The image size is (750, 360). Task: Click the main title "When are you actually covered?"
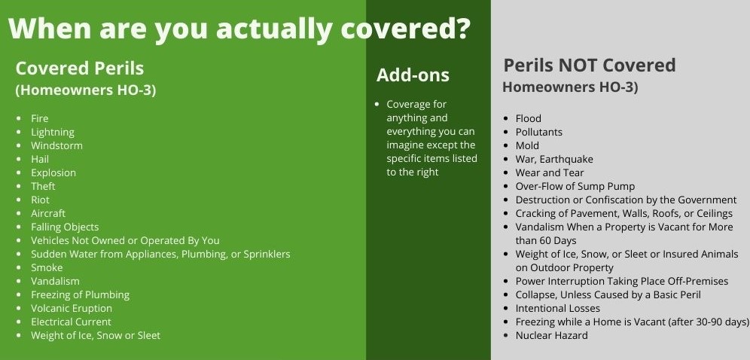pyautogui.click(x=239, y=29)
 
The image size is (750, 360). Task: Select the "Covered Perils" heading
pyautogui.click(x=80, y=69)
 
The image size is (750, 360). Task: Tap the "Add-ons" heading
pyautogui.click(x=413, y=75)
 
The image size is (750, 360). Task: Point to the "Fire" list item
pyautogui.click(x=40, y=118)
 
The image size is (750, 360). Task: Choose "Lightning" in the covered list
pyautogui.click(x=53, y=132)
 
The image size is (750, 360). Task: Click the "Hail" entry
pyautogui.click(x=40, y=159)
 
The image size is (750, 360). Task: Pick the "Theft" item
pyautogui.click(x=43, y=186)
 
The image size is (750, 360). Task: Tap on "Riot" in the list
pyautogui.click(x=40, y=200)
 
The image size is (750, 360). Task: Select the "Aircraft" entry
pyautogui.click(x=48, y=213)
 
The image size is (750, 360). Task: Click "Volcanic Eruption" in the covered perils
pyautogui.click(x=72, y=308)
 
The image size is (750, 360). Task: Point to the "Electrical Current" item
pyautogui.click(x=71, y=322)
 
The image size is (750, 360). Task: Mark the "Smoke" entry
pyautogui.click(x=47, y=267)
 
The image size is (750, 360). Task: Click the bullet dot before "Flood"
pyautogui.click(x=505, y=118)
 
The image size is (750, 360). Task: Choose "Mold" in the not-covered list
pyautogui.click(x=527, y=145)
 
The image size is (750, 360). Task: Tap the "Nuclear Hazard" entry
pyautogui.click(x=551, y=336)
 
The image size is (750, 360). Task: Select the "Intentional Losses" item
pyautogui.click(x=558, y=308)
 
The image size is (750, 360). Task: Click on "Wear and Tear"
pyautogui.click(x=550, y=172)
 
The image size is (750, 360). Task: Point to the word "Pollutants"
pyautogui.click(x=539, y=132)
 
